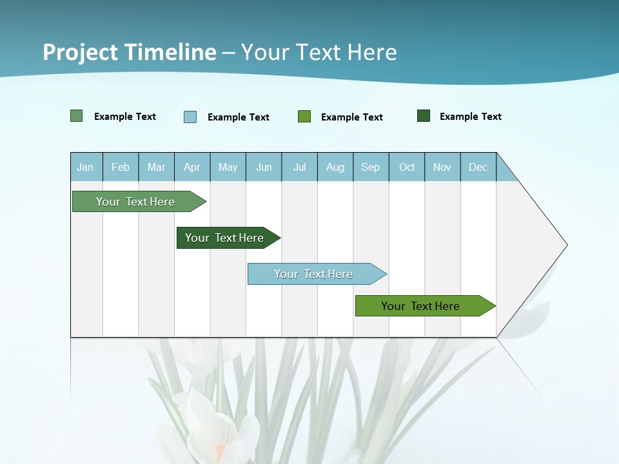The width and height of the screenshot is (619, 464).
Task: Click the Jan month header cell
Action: pos(86,167)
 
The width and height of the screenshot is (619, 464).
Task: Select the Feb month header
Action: pos(121,167)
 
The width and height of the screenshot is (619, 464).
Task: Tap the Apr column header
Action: pos(192,167)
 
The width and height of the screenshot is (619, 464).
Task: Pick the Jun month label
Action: pos(264,167)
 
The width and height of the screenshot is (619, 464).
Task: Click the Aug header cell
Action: pos(335,167)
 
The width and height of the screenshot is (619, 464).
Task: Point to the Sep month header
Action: pos(371,167)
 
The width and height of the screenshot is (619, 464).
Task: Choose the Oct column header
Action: pos(407,167)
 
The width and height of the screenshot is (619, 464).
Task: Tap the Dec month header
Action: pos(478,167)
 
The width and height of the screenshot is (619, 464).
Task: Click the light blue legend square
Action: pos(190,117)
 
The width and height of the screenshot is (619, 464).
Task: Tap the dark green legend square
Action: pos(424,116)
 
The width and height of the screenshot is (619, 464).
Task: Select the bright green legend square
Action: pos(304,117)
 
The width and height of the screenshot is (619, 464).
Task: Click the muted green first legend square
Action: pos(77,116)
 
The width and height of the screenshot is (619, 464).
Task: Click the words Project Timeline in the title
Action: pos(130,52)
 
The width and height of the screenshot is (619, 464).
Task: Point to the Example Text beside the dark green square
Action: pos(471,117)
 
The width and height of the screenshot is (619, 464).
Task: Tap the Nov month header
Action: pos(442,167)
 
